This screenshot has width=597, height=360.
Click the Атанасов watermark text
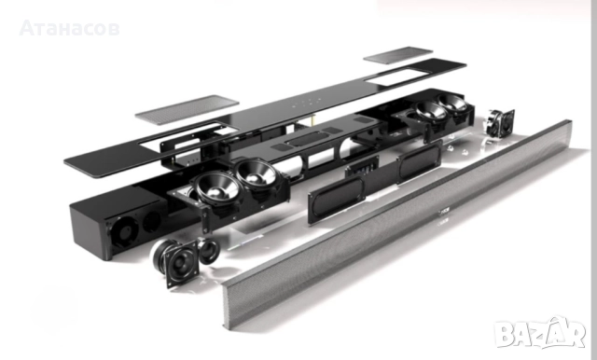(x=69, y=28)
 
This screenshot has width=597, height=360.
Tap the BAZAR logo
(x=540, y=332)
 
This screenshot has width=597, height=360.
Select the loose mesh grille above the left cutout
(x=187, y=110)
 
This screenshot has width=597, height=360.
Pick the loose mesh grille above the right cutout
(x=398, y=55)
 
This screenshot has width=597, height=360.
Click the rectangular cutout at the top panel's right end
(x=396, y=76)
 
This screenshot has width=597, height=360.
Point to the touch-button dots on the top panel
(x=307, y=102)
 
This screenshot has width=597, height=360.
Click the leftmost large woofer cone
(x=216, y=188)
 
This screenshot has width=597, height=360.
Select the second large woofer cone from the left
(x=256, y=174)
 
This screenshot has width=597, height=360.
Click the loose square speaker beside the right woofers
(x=500, y=123)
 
